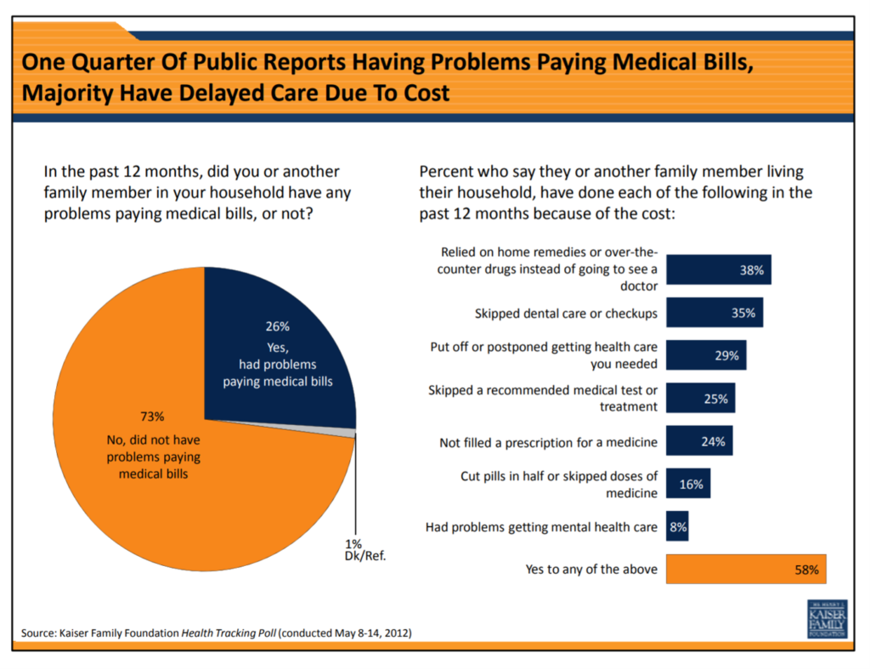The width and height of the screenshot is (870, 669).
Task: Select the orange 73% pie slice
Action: [170, 476]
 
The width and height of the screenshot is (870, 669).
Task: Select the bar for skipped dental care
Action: [714, 313]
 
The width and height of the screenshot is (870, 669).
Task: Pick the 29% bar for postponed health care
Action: [706, 355]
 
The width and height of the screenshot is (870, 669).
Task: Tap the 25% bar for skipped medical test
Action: [700, 399]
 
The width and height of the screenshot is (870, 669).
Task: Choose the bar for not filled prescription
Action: [699, 441]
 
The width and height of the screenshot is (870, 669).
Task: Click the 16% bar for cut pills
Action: [687, 484]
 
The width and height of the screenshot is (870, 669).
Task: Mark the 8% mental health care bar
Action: [677, 527]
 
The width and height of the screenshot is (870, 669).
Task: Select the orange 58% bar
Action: [745, 570]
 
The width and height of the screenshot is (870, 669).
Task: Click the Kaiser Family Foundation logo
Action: [826, 619]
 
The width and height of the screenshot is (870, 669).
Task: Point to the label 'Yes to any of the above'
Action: [591, 570]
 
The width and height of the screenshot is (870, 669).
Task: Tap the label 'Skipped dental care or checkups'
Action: [566, 314]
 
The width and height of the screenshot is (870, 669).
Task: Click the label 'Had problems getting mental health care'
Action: [541, 527]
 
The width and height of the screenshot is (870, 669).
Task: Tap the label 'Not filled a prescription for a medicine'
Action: [548, 442]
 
